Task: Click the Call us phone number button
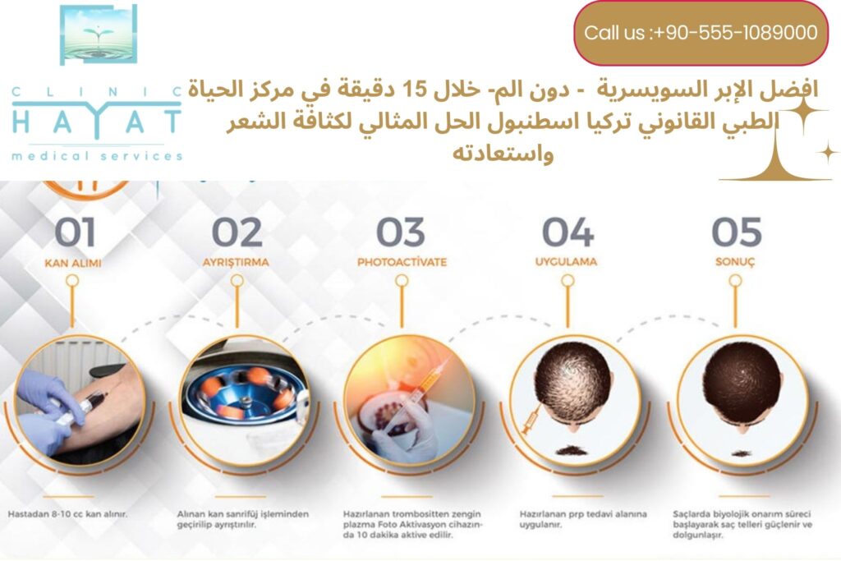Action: pos(701,33)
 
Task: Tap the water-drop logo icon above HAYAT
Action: pos(98,35)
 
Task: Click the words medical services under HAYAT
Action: pos(97,155)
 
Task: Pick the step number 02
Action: pos(237,232)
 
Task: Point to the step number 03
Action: pos(401,232)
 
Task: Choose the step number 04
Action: pos(568,232)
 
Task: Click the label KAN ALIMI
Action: pos(72,263)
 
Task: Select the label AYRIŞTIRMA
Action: pos(237,263)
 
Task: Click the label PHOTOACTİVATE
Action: pos(402,263)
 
